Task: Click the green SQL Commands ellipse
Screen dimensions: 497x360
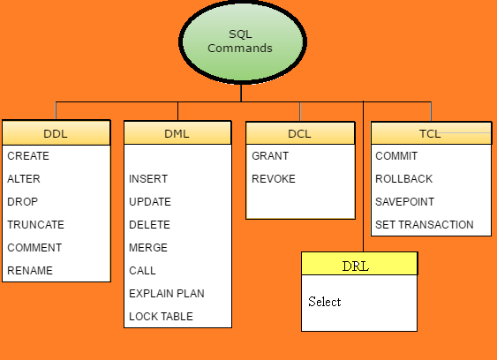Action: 243,41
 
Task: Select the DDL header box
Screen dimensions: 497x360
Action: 56,132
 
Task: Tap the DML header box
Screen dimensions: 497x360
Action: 177,132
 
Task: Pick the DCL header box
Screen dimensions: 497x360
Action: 300,133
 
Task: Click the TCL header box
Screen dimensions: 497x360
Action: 431,133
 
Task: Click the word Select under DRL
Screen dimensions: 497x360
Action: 325,302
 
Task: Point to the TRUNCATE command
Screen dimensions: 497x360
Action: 35,225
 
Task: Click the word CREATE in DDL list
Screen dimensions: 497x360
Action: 28,156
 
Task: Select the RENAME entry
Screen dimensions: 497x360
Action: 30,271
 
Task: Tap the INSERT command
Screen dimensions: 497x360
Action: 148,179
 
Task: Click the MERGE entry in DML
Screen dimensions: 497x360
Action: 148,247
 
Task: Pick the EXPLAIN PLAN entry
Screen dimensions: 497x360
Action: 167,294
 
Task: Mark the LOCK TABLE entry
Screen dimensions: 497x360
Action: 161,316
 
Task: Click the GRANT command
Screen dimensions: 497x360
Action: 270,156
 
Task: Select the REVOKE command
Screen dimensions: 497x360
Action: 274,179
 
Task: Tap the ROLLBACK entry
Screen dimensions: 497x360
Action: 403,179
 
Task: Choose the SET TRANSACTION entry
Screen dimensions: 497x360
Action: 425,225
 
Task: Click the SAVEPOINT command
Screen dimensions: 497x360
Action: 405,202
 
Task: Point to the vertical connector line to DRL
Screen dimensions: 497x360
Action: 363,176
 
